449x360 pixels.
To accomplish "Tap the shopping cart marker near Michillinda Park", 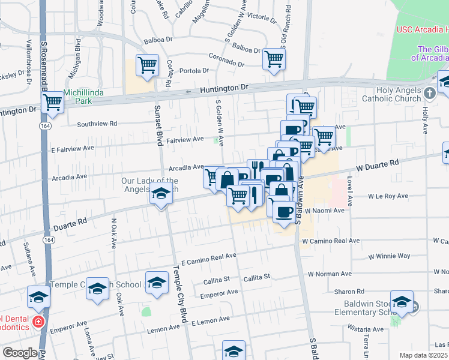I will click(54, 103).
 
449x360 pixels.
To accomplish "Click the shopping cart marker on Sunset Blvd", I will click(147, 65).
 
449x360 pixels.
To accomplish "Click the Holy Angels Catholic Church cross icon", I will click(429, 93).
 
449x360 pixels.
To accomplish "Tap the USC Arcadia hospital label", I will click(422, 29).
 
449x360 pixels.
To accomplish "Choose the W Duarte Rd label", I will click(378, 163).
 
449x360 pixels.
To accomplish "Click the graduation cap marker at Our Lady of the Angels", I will click(160, 195).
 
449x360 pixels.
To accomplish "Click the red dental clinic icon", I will click(38, 322).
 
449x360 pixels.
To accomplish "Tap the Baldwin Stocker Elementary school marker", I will click(402, 301).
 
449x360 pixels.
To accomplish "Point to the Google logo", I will click(20, 353).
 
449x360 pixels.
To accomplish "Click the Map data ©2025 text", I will click(423, 355).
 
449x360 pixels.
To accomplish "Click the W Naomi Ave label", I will click(324, 211).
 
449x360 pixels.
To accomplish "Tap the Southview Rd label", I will click(97, 124).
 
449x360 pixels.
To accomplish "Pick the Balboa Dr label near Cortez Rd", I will click(158, 42).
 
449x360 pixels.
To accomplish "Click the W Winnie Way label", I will click(390, 256).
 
